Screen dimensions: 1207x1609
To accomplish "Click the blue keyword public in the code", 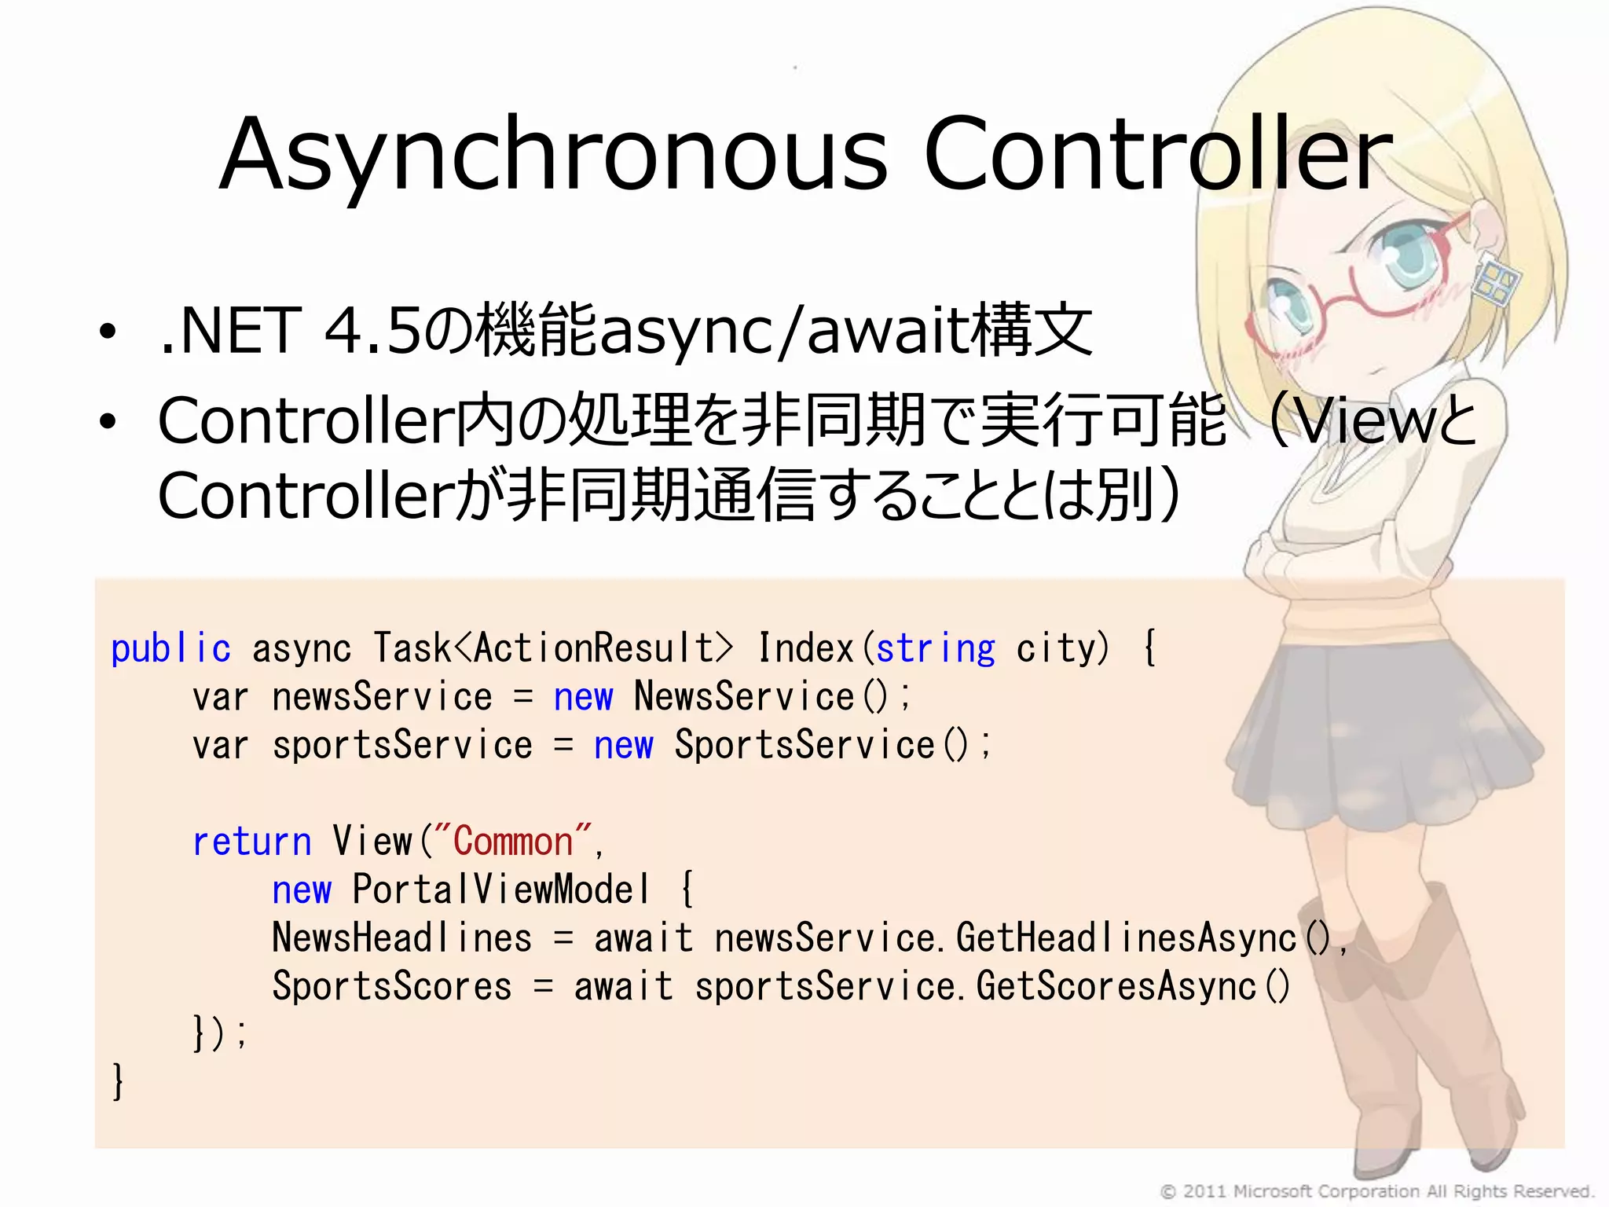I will tap(170, 649).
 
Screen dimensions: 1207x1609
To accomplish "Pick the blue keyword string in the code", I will tap(935, 649).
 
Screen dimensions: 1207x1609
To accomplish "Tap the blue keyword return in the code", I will tap(251, 842).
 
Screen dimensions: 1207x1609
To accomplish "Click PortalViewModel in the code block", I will tap(501, 890).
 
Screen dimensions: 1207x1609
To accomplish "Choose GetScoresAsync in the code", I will tap(1116, 987).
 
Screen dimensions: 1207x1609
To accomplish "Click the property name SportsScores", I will tap(391, 987).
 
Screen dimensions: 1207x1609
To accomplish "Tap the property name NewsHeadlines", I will tap(401, 938).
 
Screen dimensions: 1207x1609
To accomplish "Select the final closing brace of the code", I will tap(118, 1082).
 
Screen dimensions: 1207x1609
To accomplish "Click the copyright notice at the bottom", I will tap(1376, 1191).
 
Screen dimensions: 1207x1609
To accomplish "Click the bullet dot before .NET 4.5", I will tap(108, 333).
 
